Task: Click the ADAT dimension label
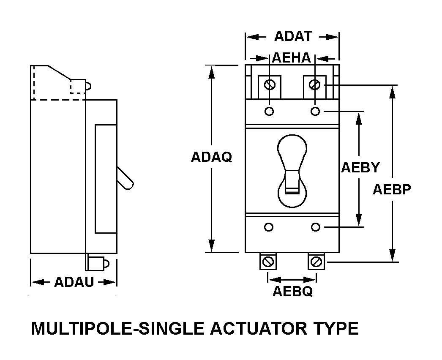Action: [293, 36]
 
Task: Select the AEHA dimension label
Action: [291, 58]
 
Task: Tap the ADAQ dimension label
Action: [211, 157]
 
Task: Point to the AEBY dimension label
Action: [360, 167]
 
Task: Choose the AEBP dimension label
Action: [392, 189]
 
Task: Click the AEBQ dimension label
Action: [292, 291]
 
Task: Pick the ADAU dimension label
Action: [74, 282]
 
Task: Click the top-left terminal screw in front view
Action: [270, 84]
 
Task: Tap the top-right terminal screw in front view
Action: [314, 84]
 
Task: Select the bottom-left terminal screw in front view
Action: [268, 262]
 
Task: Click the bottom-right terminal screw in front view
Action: [316, 262]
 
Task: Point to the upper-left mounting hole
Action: [270, 112]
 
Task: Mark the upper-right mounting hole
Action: [315, 112]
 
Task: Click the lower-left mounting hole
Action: [269, 227]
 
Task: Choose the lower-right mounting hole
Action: [315, 227]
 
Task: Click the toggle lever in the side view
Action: [125, 178]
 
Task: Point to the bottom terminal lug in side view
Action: [97, 262]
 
